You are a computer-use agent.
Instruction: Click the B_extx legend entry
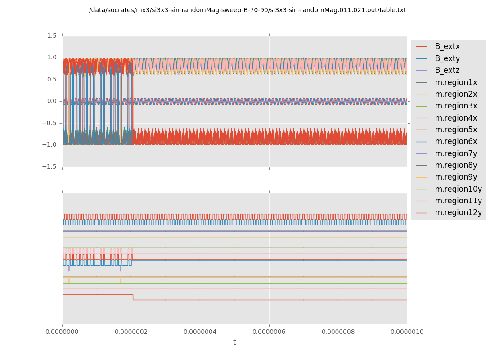coord(447,46)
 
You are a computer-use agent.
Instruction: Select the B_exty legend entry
coord(447,58)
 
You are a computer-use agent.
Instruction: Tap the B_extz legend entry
coord(447,70)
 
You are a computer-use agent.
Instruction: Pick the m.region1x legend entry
coord(456,82)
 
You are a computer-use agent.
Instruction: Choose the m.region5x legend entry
coord(456,130)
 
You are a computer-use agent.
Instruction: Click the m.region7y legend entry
coord(456,153)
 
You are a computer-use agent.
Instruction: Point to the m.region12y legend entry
coord(458,212)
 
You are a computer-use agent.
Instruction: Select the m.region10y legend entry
coord(458,189)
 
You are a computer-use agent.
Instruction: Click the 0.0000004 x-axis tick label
coord(200,332)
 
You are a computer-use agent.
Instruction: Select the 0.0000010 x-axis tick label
coord(407,332)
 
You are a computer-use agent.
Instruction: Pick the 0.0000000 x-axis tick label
coord(63,332)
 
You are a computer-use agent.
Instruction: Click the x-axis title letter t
coord(234,342)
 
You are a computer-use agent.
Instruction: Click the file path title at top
coord(247,10)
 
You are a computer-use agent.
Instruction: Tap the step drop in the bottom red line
coord(133,297)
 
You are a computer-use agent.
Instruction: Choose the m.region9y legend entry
coord(456,177)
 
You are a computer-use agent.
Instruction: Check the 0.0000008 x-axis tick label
coord(338,332)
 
